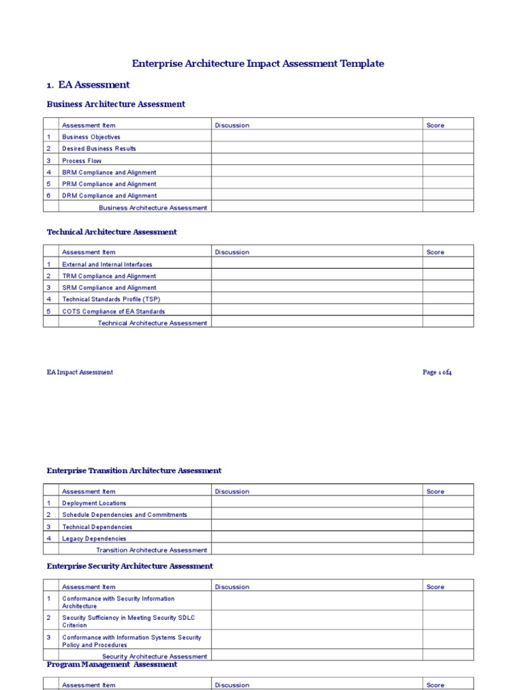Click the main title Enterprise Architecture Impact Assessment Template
click(x=258, y=63)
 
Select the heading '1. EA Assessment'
click(x=88, y=85)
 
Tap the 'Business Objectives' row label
click(x=92, y=137)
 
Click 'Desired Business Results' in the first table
click(x=99, y=148)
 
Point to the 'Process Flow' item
click(x=82, y=161)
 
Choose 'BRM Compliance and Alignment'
click(x=109, y=172)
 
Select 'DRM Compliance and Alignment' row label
click(x=109, y=196)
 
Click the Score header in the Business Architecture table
click(x=435, y=125)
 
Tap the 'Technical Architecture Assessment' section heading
click(x=112, y=232)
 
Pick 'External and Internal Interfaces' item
click(x=107, y=265)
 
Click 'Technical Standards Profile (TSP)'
click(x=111, y=299)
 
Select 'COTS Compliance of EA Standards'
click(x=113, y=311)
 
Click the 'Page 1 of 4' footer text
click(x=437, y=373)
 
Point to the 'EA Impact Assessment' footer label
click(x=79, y=373)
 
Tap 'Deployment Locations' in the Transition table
click(x=94, y=503)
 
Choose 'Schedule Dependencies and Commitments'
click(x=125, y=515)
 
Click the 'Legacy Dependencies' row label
click(x=94, y=538)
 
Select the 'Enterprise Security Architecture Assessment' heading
click(x=129, y=566)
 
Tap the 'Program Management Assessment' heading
click(x=112, y=664)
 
